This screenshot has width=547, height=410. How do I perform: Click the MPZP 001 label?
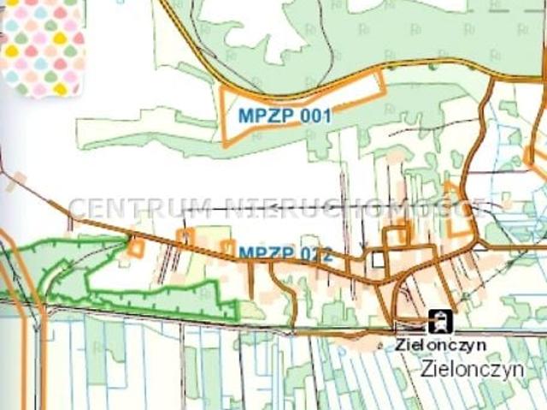point(285,115)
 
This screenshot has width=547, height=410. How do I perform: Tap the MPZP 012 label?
point(284,253)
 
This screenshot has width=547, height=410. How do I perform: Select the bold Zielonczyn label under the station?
point(441,343)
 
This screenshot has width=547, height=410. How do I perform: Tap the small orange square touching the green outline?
point(135,247)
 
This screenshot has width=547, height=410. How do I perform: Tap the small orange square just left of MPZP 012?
point(227,248)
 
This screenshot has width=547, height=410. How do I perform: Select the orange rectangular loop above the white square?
point(397,234)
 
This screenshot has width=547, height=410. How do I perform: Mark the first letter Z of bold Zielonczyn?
point(400,343)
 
